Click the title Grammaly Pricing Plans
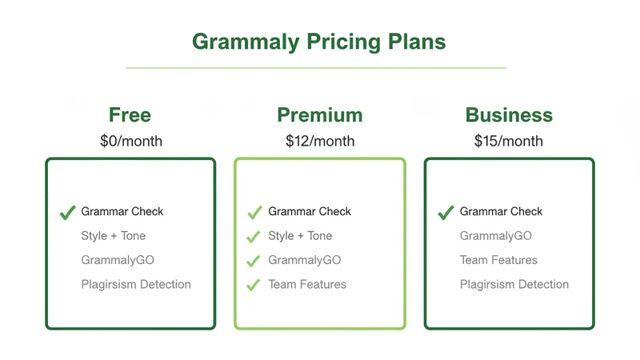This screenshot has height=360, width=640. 318,41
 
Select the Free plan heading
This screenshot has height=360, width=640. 130,115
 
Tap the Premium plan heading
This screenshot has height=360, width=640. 319,115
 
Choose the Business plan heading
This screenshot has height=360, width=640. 509,115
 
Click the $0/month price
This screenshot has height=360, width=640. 130,142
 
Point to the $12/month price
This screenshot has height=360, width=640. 319,142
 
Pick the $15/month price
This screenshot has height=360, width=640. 509,142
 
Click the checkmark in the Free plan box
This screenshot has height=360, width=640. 67,213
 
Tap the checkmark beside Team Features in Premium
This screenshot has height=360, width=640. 254,285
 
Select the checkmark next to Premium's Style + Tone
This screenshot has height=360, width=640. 254,237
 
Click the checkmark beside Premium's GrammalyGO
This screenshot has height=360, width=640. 254,261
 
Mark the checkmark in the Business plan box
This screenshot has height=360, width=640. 446,213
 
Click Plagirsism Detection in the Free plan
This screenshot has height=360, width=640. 136,284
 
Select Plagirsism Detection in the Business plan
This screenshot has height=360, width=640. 514,284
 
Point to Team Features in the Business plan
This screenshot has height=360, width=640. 498,260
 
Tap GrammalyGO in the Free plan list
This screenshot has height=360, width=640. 118,260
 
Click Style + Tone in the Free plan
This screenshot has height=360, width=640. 113,236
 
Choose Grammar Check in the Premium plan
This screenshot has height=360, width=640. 310,212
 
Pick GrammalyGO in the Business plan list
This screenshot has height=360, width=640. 496,236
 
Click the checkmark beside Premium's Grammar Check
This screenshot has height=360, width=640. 254,213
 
